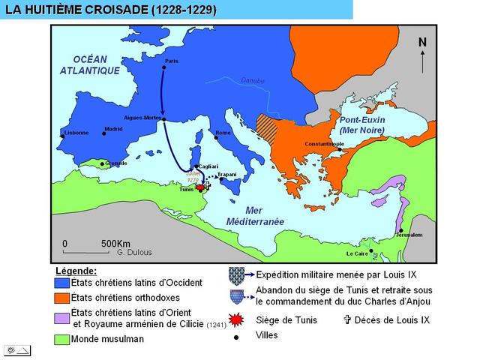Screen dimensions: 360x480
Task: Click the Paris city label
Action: tap(172, 61)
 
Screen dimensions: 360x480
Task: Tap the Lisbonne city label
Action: tap(76, 133)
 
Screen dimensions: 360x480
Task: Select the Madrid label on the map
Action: tap(113, 129)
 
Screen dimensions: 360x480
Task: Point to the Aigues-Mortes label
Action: tap(142, 118)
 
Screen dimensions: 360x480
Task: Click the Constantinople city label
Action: tap(324, 143)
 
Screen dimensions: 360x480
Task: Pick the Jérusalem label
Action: tap(409, 235)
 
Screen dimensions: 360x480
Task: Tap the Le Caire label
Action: tap(358, 253)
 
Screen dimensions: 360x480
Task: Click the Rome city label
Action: tap(223, 133)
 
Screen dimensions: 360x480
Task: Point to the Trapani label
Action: tap(226, 174)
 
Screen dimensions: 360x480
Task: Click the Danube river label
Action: tap(252, 80)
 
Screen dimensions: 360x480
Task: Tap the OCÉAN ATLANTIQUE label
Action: tap(90, 65)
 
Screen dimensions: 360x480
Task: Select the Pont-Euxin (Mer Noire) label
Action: tap(361, 125)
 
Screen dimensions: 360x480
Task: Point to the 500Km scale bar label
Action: tap(115, 244)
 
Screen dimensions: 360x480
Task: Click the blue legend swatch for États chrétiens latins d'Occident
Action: tap(61, 283)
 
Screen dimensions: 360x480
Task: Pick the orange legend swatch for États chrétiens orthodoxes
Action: tap(61, 298)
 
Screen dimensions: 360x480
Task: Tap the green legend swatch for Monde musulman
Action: tap(61, 339)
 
